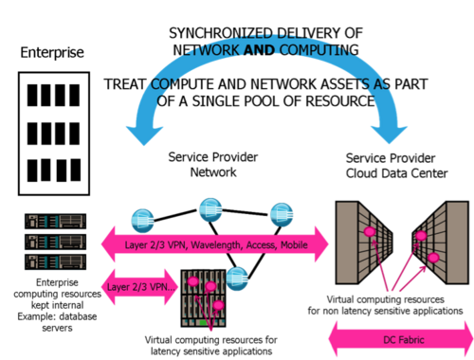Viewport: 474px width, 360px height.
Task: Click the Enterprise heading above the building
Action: (52, 52)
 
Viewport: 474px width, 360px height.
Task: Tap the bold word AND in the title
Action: (259, 50)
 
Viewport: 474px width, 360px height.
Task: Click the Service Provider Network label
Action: (213, 165)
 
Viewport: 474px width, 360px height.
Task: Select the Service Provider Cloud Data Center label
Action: (396, 166)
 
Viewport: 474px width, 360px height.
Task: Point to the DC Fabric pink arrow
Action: (401, 340)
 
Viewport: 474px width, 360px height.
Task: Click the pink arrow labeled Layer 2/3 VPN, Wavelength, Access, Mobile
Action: (215, 244)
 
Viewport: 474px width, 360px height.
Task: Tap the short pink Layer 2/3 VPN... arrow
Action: (139, 287)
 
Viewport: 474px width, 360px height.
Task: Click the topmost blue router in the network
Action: (210, 209)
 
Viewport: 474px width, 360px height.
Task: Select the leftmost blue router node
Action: (143, 220)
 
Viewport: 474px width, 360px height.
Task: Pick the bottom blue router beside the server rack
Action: (237, 278)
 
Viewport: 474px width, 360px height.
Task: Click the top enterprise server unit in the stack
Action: (56, 221)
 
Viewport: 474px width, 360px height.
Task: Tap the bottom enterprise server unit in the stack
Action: (56, 261)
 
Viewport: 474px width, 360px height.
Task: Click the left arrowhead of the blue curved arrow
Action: (144, 135)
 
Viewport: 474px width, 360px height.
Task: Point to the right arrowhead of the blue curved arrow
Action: (389, 135)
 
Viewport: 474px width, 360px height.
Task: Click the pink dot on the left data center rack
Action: (369, 232)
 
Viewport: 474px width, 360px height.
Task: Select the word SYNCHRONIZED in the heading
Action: (221, 33)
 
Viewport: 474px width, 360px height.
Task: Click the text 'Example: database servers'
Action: (57, 322)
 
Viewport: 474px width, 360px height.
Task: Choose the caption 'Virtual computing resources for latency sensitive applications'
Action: (211, 346)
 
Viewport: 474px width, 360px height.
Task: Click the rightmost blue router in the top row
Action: (282, 215)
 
